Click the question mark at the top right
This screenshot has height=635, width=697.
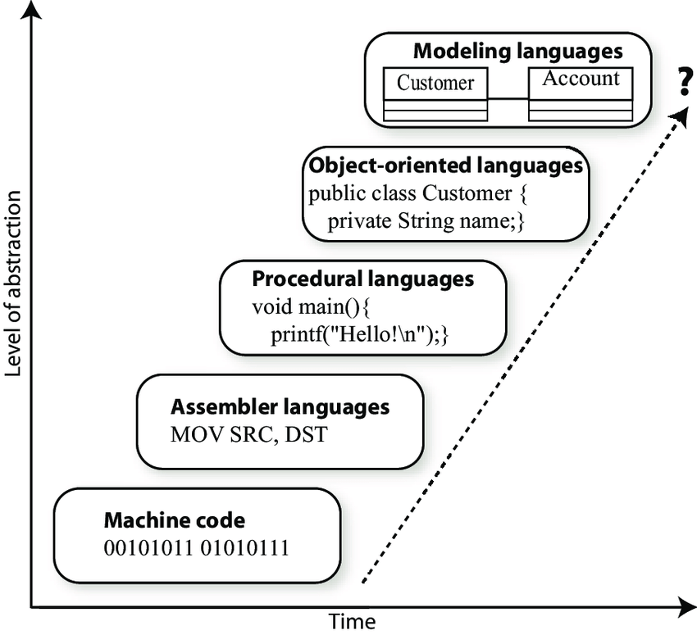(x=681, y=84)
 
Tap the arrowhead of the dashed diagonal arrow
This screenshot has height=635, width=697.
(x=677, y=115)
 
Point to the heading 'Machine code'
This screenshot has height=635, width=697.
(x=174, y=520)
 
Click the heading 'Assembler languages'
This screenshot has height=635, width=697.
(x=280, y=406)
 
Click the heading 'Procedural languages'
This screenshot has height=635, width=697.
(x=362, y=279)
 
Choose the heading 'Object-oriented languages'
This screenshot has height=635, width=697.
(x=445, y=166)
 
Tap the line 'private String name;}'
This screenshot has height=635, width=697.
(x=426, y=221)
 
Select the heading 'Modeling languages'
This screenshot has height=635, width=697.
(x=517, y=51)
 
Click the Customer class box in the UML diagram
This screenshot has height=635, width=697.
(x=435, y=95)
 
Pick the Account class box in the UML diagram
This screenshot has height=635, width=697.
(x=581, y=93)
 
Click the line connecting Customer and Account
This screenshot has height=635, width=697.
(x=508, y=99)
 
